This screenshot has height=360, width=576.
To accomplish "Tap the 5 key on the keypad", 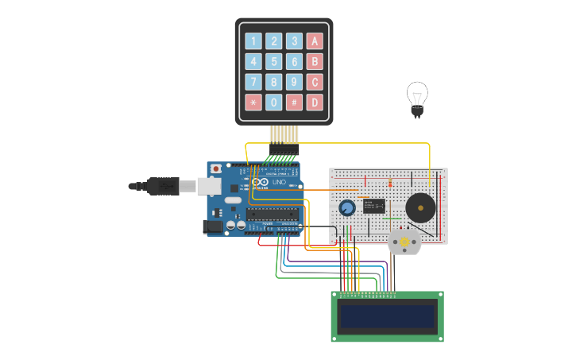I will coord(273,62).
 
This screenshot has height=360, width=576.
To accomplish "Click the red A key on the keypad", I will coord(315,41).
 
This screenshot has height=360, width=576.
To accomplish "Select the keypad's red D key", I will coord(315,103).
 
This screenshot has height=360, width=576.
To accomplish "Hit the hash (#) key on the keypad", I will coord(294,103).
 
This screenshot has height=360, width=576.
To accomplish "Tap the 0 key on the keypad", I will coord(273,103).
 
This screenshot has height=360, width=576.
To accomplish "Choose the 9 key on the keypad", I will coord(294,82).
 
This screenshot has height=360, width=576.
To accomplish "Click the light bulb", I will coord(416,98).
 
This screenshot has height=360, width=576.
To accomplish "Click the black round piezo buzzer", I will coord(420,208).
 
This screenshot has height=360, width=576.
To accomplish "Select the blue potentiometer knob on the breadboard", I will coord(347,208).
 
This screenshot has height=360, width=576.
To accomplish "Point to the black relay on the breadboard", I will coord(374,206).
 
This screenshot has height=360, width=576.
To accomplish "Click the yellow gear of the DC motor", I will coord(404,242).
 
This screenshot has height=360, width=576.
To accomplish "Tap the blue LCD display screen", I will coord(388,316).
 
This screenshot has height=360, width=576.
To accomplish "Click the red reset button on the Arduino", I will coord(215,168).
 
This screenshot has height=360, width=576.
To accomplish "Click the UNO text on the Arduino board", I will coord(279,183).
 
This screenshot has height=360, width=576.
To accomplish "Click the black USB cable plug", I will coord(163,186).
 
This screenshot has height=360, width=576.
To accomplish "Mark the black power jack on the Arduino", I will coord(213,227).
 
